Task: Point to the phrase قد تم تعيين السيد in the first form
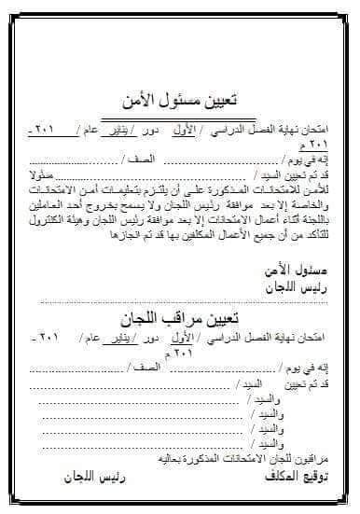(x=284, y=174)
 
